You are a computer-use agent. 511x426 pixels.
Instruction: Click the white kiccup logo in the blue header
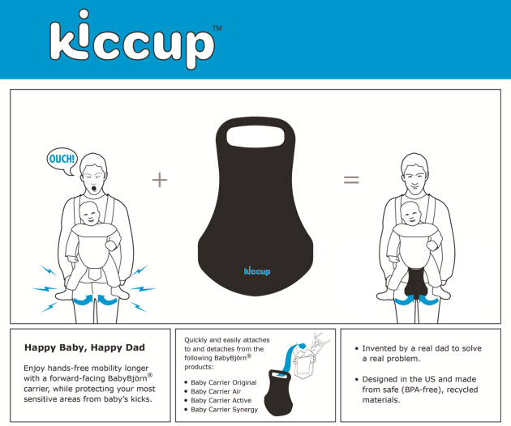[132, 39]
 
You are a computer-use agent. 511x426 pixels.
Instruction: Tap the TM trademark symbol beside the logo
[217, 28]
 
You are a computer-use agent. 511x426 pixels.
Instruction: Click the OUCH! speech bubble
[62, 161]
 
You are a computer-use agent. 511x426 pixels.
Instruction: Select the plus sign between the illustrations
[160, 180]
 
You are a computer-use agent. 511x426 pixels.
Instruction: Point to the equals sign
[351, 180]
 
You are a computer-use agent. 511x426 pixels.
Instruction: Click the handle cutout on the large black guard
[255, 137]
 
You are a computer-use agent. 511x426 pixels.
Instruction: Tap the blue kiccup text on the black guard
[257, 271]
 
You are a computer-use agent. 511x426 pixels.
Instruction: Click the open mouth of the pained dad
[94, 189]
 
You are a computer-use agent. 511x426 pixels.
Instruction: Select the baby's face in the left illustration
[89, 214]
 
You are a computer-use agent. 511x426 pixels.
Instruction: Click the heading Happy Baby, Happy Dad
[84, 347]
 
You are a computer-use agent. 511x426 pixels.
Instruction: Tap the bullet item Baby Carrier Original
[224, 382]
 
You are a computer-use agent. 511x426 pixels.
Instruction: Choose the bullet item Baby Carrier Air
[216, 391]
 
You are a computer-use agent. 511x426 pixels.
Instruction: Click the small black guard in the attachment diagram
[277, 393]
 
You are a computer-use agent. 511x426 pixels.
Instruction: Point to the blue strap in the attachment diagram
[290, 358]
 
